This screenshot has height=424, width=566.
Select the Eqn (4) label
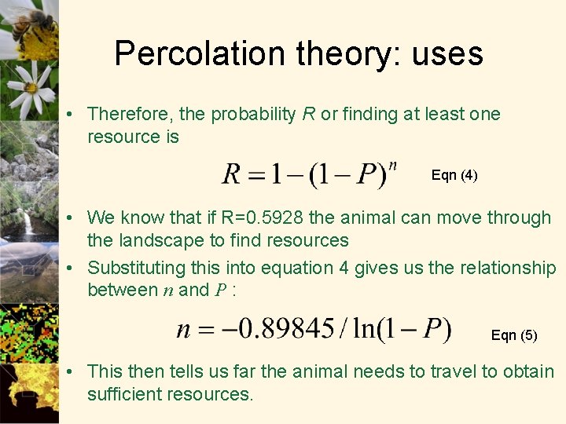coord(454,175)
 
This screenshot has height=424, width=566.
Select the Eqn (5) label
coord(514,335)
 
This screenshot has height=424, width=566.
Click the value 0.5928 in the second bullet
coord(282,217)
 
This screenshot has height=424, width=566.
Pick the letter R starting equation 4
coord(231,174)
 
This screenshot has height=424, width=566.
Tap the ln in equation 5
coord(365,328)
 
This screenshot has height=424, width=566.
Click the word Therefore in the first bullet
coord(130,114)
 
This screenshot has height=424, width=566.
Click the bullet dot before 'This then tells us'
coord(71,372)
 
